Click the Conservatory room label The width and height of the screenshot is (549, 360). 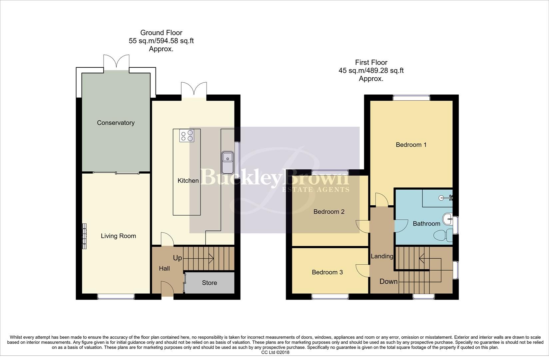116,123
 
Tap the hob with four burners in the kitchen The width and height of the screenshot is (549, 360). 187,136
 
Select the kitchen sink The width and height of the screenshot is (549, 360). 228,162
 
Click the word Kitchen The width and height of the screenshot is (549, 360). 188,181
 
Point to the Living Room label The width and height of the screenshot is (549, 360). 118,236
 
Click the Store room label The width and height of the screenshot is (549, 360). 209,283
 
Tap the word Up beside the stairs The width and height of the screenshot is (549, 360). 177,258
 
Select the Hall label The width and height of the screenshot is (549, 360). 164,269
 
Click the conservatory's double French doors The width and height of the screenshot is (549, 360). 116,62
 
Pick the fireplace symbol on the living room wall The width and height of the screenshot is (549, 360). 85,236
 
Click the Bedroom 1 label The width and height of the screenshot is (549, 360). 411,145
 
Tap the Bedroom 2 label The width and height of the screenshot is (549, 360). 329,212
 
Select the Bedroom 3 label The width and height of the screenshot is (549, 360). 327,272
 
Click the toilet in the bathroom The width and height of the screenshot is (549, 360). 443,235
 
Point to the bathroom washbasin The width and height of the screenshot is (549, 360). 447,220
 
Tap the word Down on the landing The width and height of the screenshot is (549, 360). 388,282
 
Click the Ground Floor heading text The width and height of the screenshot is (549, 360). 161,33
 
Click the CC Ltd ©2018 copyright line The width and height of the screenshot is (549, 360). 275,352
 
